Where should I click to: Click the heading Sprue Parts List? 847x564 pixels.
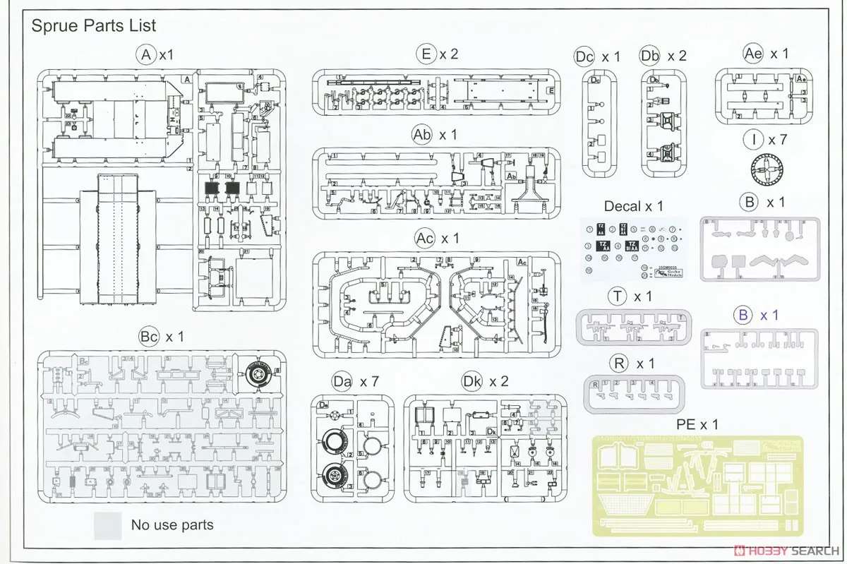(94, 26)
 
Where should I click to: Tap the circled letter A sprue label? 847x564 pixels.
(146, 54)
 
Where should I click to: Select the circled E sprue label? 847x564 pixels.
(426, 54)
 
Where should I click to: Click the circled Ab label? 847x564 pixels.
(422, 135)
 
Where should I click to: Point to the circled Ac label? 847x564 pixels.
(425, 239)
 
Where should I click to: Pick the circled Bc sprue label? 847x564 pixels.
(149, 337)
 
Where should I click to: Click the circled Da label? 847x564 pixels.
(342, 382)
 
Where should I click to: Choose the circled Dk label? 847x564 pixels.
(472, 382)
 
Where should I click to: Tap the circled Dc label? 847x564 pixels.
(584, 56)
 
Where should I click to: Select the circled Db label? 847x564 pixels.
(649, 56)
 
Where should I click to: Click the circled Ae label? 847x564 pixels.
(753, 54)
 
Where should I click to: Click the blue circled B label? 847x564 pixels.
(743, 315)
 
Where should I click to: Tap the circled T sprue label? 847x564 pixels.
(618, 296)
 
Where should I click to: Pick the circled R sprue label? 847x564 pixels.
(619, 364)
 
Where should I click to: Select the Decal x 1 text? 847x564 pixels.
(633, 206)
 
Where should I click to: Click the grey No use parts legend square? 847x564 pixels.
(107, 525)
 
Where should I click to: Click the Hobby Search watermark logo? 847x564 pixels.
(786, 551)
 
